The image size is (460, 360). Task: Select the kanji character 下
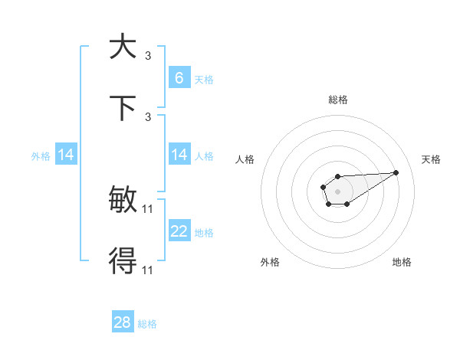click(123, 108)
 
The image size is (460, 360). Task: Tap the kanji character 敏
click(123, 201)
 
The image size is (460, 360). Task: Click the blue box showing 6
click(179, 77)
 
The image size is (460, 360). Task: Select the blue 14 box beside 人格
click(179, 155)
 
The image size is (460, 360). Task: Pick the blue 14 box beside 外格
click(65, 155)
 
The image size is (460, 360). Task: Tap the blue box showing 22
click(179, 232)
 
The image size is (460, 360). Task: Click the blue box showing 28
click(123, 322)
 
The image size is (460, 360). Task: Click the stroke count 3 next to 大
click(148, 55)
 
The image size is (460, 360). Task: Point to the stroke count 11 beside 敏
click(148, 208)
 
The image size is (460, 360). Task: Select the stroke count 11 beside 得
click(148, 270)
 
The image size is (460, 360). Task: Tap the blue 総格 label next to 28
click(147, 324)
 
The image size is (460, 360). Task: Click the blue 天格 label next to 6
click(204, 80)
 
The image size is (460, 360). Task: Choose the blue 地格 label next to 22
click(204, 233)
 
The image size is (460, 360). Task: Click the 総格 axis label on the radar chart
click(337, 100)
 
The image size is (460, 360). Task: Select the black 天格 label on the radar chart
click(431, 159)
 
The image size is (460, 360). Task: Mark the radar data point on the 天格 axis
click(396, 172)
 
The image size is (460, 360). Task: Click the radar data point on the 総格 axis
click(337, 177)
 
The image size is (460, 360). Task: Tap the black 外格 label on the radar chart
click(270, 262)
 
